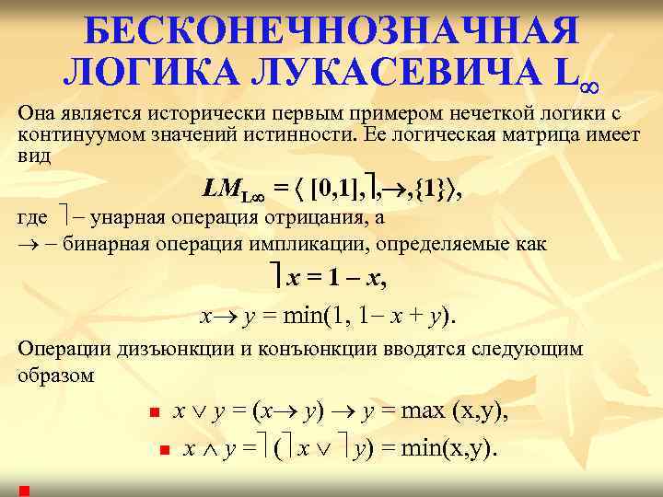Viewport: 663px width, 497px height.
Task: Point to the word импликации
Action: [303, 245]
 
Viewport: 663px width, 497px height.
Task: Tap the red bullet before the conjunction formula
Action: [163, 451]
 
